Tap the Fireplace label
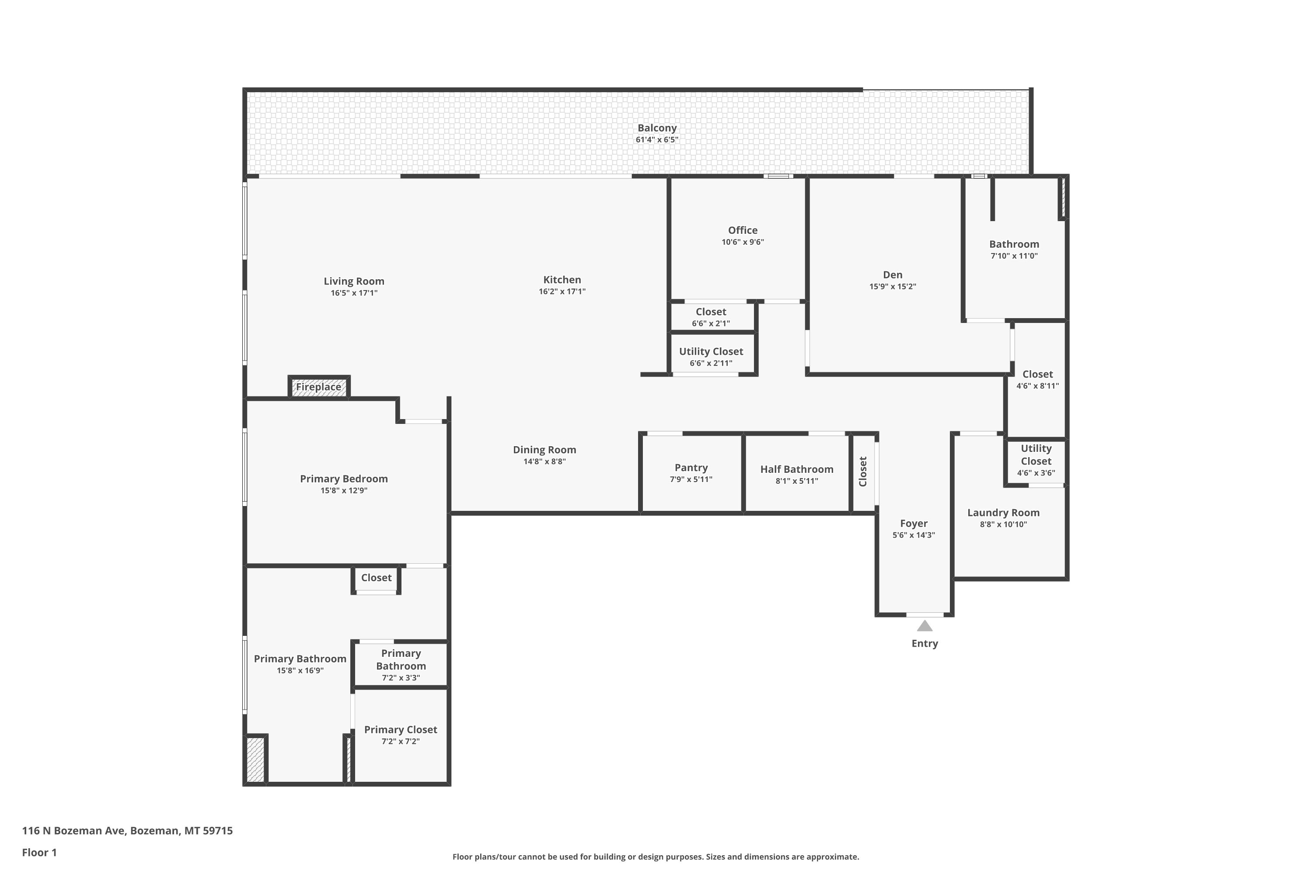[318, 387]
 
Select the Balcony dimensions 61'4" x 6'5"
[657, 140]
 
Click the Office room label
[743, 230]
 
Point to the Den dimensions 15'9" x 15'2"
[893, 287]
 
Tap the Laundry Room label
[1004, 513]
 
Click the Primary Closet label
[401, 730]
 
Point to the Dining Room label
[544, 450]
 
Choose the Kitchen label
[562, 280]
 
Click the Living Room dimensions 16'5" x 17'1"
[354, 293]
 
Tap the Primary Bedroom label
[344, 479]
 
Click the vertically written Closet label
[863, 472]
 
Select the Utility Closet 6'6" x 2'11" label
[711, 357]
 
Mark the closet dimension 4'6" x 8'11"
[1037, 386]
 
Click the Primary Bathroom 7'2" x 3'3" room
[401, 665]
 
